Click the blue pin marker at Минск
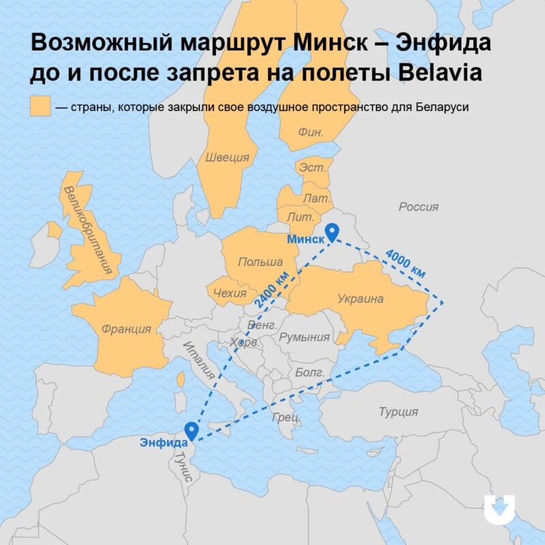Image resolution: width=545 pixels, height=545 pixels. [x=332, y=233]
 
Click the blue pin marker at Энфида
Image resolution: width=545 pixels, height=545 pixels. [x=191, y=431]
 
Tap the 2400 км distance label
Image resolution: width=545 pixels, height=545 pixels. [x=270, y=288]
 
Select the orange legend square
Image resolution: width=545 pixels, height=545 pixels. [x=40, y=107]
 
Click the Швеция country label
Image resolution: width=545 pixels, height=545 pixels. [x=227, y=157]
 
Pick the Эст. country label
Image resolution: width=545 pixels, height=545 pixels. [x=313, y=167]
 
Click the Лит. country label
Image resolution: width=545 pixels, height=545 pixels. [x=300, y=216]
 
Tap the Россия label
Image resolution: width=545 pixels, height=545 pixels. [x=418, y=206]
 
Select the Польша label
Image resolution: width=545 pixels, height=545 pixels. [x=260, y=262]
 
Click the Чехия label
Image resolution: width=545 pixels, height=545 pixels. [x=230, y=293]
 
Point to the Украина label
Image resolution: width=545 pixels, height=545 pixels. [x=360, y=298]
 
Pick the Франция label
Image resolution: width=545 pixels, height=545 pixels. [x=126, y=329]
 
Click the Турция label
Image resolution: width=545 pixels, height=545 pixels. [x=399, y=411]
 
